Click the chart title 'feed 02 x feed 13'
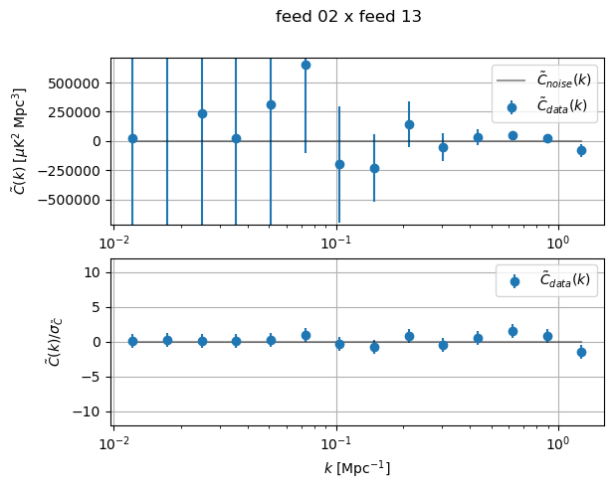tap(348, 17)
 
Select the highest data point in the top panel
tap(306, 65)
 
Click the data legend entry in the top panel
tap(547, 105)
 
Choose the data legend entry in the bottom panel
tap(547, 280)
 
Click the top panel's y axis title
tap(19, 141)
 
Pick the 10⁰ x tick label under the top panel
tap(557, 244)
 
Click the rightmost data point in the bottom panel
tap(581, 352)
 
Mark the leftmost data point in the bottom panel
tap(132, 341)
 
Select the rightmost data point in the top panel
tap(581, 150)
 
